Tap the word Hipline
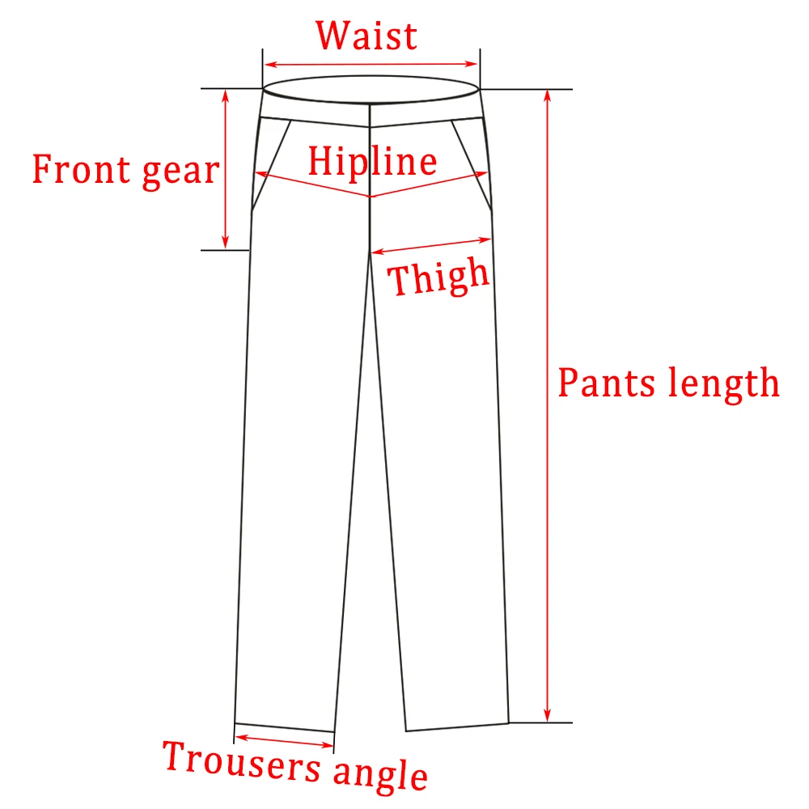point(372,163)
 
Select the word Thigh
point(440,277)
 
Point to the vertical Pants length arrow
point(548,404)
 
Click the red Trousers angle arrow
point(284,742)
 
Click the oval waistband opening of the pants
point(371,89)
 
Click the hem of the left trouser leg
point(284,727)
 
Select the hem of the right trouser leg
point(457,726)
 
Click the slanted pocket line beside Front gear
point(272,162)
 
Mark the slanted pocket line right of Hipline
point(472,162)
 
